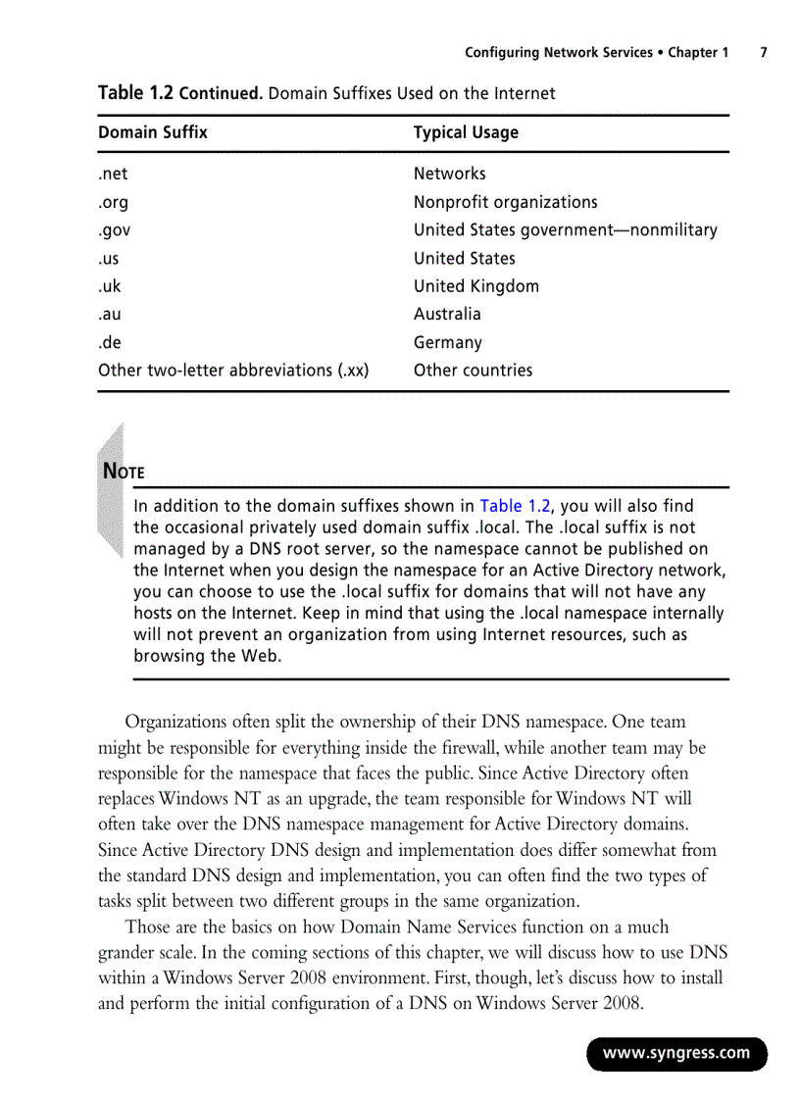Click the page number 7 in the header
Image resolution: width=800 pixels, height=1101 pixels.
[x=763, y=53]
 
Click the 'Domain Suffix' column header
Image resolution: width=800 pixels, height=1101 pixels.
[x=153, y=132]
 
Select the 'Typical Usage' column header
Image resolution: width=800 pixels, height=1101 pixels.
[x=466, y=132]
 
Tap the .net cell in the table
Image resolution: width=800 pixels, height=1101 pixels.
[x=113, y=174]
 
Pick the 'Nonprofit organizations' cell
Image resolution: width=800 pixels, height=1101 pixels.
[x=505, y=202]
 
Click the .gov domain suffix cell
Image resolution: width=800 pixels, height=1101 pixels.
[x=114, y=230]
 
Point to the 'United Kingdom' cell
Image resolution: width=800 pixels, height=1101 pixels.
[x=475, y=286]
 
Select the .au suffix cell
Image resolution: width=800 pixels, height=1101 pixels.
[x=110, y=315]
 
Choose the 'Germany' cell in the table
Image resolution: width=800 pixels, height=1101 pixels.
[x=447, y=343]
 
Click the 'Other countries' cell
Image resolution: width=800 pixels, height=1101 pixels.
[x=473, y=371]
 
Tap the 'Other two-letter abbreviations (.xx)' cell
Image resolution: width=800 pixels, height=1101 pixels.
[x=233, y=371]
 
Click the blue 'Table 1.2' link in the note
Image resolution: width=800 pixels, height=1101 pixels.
[x=515, y=507]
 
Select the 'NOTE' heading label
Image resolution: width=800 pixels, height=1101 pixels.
[x=125, y=472]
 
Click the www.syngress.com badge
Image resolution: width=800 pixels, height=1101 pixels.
[x=676, y=1054]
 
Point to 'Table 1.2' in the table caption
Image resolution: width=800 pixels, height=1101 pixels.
[x=135, y=93]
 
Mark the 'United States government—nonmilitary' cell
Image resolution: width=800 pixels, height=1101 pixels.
[x=565, y=230]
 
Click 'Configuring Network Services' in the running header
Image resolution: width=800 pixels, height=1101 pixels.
[x=558, y=53]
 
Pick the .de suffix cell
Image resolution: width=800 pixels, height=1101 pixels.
[x=110, y=343]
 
